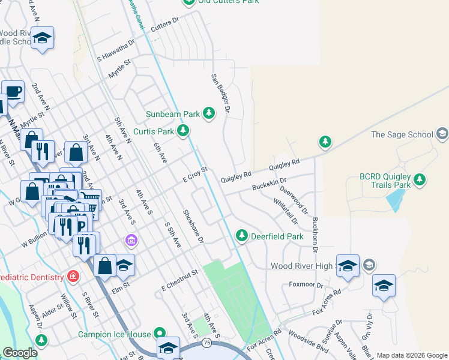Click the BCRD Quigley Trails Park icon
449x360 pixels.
[420, 179]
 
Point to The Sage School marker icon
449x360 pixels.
[442, 134]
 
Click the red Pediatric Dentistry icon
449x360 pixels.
[73, 277]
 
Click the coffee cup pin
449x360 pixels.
[13, 91]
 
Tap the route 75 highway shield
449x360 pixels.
[206, 343]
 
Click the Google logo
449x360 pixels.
[20, 353]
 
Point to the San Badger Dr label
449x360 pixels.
[220, 92]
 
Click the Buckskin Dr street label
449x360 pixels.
[269, 181]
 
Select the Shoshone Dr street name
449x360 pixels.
[193, 226]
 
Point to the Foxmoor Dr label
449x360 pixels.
[306, 284]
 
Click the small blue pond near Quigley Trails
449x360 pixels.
[394, 200]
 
